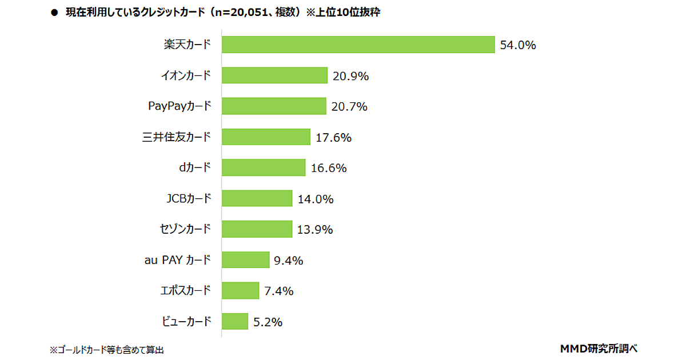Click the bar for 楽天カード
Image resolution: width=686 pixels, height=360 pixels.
click(x=358, y=45)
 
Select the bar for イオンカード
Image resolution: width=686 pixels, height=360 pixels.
click(x=274, y=75)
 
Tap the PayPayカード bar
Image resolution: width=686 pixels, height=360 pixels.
click(x=274, y=106)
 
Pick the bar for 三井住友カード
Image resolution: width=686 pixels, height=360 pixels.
click(x=266, y=137)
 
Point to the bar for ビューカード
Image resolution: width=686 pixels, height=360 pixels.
click(x=235, y=321)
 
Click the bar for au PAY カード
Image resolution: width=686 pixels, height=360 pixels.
click(x=245, y=260)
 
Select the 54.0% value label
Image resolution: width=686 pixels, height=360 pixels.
click(x=517, y=46)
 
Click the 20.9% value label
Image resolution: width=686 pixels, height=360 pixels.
click(x=350, y=76)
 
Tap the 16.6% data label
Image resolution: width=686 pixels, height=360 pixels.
click(x=329, y=169)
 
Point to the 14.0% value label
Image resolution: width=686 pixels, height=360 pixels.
click(x=316, y=199)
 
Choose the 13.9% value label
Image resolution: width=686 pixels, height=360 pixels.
click(x=315, y=230)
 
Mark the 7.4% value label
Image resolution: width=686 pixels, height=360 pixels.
click(x=279, y=291)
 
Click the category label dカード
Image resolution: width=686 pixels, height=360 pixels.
click(x=195, y=168)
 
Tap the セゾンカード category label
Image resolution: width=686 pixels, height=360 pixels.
click(x=185, y=230)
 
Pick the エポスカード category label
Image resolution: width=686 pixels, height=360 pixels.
click(x=186, y=291)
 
